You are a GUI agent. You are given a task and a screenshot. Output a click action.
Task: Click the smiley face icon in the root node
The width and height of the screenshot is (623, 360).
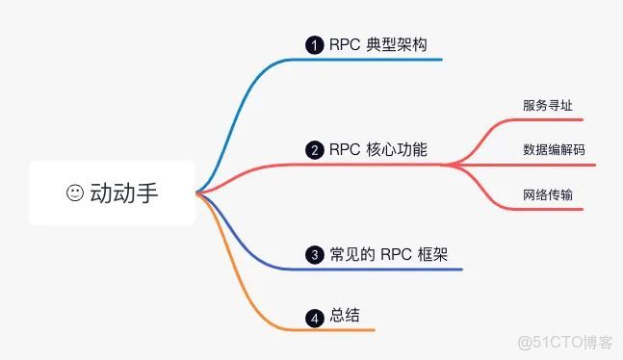click(75, 193)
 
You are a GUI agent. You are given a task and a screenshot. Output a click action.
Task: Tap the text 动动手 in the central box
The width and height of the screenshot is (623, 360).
click(123, 193)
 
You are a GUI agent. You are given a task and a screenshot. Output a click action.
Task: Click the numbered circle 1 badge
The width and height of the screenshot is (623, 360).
click(314, 44)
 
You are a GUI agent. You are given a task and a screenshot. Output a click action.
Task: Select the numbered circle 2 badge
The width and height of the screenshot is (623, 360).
click(314, 150)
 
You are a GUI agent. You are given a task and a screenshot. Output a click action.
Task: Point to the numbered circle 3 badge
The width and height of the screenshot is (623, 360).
click(314, 255)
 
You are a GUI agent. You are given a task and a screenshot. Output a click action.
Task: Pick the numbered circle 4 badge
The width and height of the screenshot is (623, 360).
click(314, 317)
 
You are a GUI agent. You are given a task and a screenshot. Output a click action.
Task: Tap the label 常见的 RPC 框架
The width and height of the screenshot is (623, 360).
click(385, 255)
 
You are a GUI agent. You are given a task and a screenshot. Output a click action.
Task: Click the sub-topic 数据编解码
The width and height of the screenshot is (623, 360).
click(554, 150)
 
